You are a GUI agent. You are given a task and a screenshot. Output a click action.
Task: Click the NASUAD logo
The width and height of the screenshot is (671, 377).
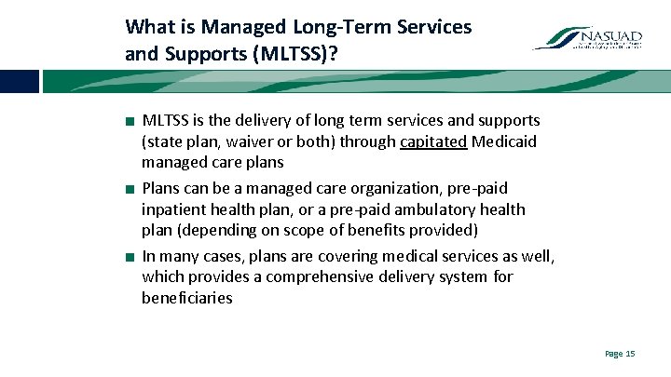(586, 38)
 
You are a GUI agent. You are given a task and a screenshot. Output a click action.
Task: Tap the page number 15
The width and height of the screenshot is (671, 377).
(620, 354)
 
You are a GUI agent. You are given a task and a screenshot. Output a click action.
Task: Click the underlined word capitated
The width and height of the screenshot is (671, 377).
(433, 142)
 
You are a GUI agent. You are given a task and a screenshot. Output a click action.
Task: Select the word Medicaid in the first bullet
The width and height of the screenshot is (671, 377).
(504, 142)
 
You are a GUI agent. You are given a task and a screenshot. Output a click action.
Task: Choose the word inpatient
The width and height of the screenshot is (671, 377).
(173, 209)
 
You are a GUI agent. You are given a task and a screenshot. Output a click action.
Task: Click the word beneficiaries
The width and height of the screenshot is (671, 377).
(186, 299)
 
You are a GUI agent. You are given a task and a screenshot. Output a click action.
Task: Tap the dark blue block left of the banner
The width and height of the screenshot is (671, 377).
(19, 82)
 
